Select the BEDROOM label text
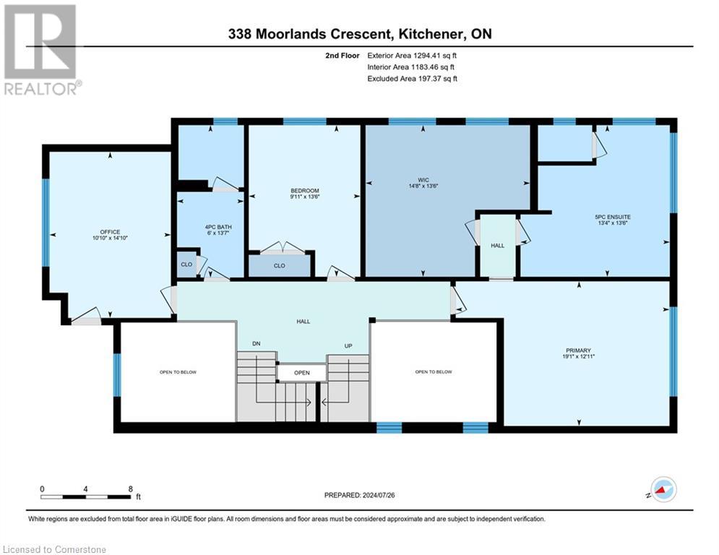click(303, 191)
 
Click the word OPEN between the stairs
click(301, 373)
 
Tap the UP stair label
click(348, 346)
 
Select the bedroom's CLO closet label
click(280, 266)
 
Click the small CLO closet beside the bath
click(186, 264)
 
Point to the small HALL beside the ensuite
click(498, 246)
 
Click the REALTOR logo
click(40, 50)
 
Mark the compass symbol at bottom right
click(663, 490)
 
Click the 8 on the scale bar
click(130, 489)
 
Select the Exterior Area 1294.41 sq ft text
click(412, 55)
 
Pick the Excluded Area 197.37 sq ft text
click(412, 78)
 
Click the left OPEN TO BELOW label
click(178, 372)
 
